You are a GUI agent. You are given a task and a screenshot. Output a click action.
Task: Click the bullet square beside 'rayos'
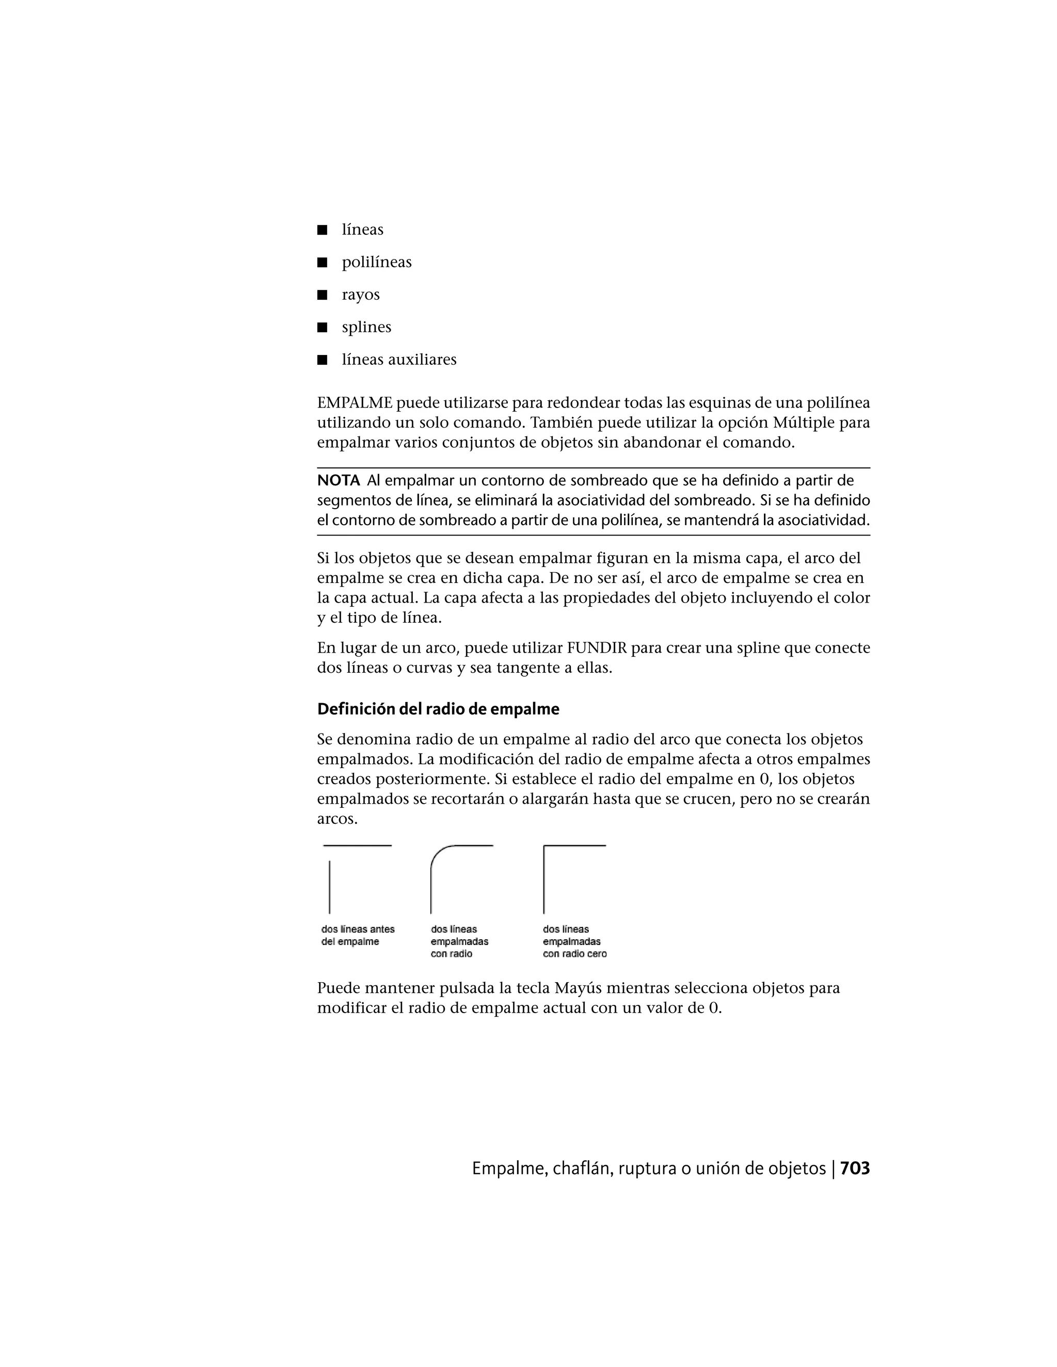(323, 295)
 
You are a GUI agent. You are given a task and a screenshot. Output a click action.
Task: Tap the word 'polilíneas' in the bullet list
(376, 262)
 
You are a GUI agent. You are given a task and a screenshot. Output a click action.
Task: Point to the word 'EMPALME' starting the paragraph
(355, 402)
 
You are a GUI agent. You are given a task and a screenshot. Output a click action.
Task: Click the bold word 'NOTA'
(338, 481)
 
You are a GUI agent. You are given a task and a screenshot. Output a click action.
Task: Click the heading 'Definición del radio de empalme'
(438, 709)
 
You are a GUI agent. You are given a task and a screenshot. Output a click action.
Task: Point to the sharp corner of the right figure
(544, 846)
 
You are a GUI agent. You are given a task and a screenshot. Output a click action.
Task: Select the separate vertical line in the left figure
(329, 887)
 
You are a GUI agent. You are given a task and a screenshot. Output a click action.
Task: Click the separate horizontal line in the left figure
(357, 845)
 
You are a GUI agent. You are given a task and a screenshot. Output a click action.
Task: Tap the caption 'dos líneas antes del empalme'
(358, 935)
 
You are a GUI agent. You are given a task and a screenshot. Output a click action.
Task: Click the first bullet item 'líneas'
(362, 229)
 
